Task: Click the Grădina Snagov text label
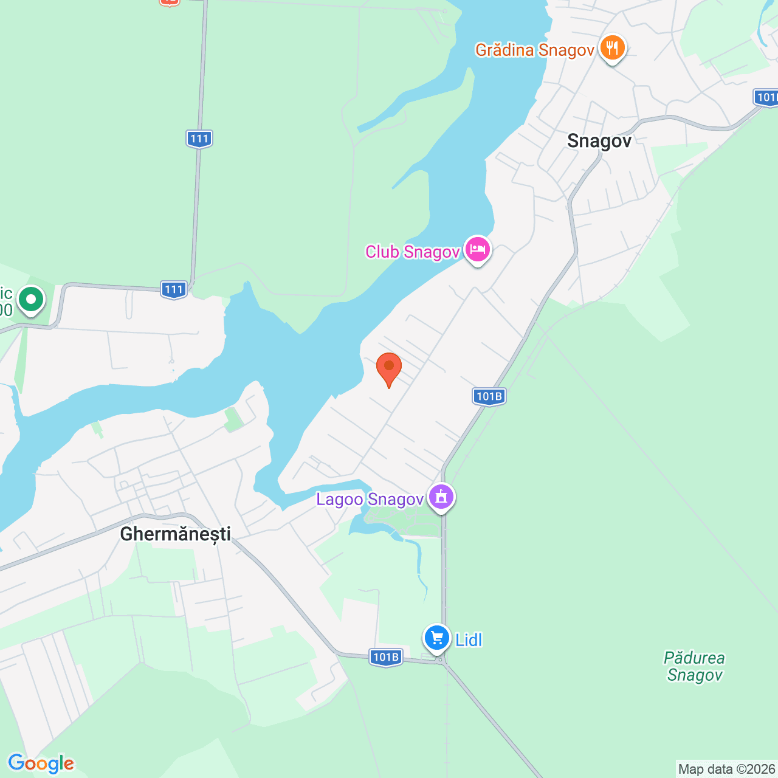534,50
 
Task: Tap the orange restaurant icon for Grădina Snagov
612,47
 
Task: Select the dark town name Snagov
599,141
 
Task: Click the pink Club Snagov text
412,252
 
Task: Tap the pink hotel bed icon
478,249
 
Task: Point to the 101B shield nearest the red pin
489,397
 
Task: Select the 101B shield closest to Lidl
386,657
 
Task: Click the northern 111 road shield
199,139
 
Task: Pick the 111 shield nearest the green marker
174,290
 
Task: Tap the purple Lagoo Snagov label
370,500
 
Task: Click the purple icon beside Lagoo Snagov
441,497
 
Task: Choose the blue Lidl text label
469,640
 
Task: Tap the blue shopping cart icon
436,638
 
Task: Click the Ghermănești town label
176,534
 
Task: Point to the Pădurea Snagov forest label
695,667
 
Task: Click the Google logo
41,763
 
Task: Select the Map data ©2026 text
726,769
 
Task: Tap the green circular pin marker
30,300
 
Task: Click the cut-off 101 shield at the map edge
766,97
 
